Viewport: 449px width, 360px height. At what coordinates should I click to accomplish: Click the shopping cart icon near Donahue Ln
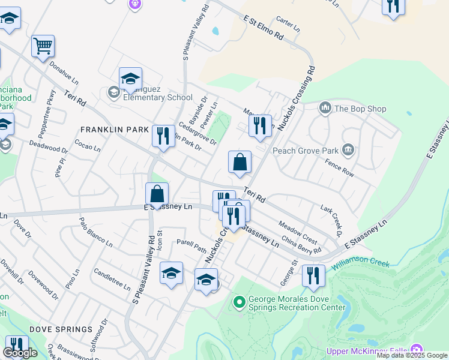pyautogui.click(x=43, y=46)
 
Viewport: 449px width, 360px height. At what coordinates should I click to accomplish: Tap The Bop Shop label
pyautogui.click(x=360, y=109)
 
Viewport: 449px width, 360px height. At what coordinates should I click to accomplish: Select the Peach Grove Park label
pyautogui.click(x=306, y=151)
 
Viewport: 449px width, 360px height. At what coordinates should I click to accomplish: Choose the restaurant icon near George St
pyautogui.click(x=313, y=275)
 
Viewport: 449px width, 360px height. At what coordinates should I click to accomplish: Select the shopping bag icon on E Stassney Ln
pyautogui.click(x=157, y=194)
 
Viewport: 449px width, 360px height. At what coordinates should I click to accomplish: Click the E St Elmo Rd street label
pyautogui.click(x=264, y=28)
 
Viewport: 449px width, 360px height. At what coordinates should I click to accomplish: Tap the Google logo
pyautogui.click(x=20, y=353)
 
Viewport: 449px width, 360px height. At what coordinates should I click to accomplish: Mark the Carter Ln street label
pyautogui.click(x=288, y=25)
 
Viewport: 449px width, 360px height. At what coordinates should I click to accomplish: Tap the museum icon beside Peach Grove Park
pyautogui.click(x=348, y=149)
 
